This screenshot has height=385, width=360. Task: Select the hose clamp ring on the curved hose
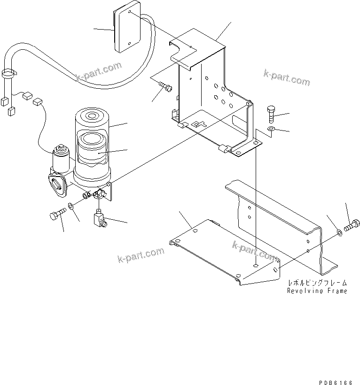click(9, 73)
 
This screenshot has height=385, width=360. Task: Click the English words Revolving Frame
click(318, 291)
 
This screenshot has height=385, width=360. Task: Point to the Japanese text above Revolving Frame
click(318, 283)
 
